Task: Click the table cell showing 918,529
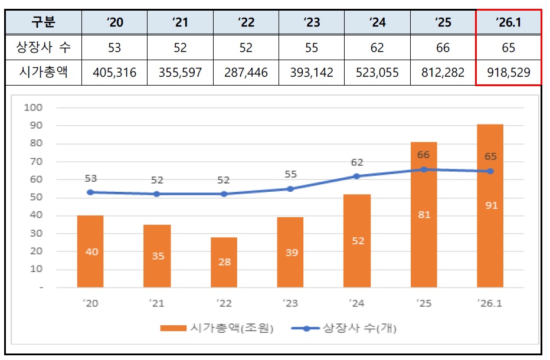508,73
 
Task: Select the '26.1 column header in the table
508,22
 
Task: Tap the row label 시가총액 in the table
43,73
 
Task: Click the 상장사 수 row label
43,47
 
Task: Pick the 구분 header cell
43,22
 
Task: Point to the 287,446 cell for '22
245,73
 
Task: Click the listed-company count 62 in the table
377,47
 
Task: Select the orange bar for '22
224,263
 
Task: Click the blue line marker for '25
423,169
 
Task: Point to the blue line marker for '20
90,192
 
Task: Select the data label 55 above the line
290,175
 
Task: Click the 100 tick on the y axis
34,107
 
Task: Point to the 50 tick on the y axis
36,197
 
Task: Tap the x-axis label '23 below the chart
290,304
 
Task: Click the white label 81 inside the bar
424,215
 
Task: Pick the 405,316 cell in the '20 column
114,73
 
